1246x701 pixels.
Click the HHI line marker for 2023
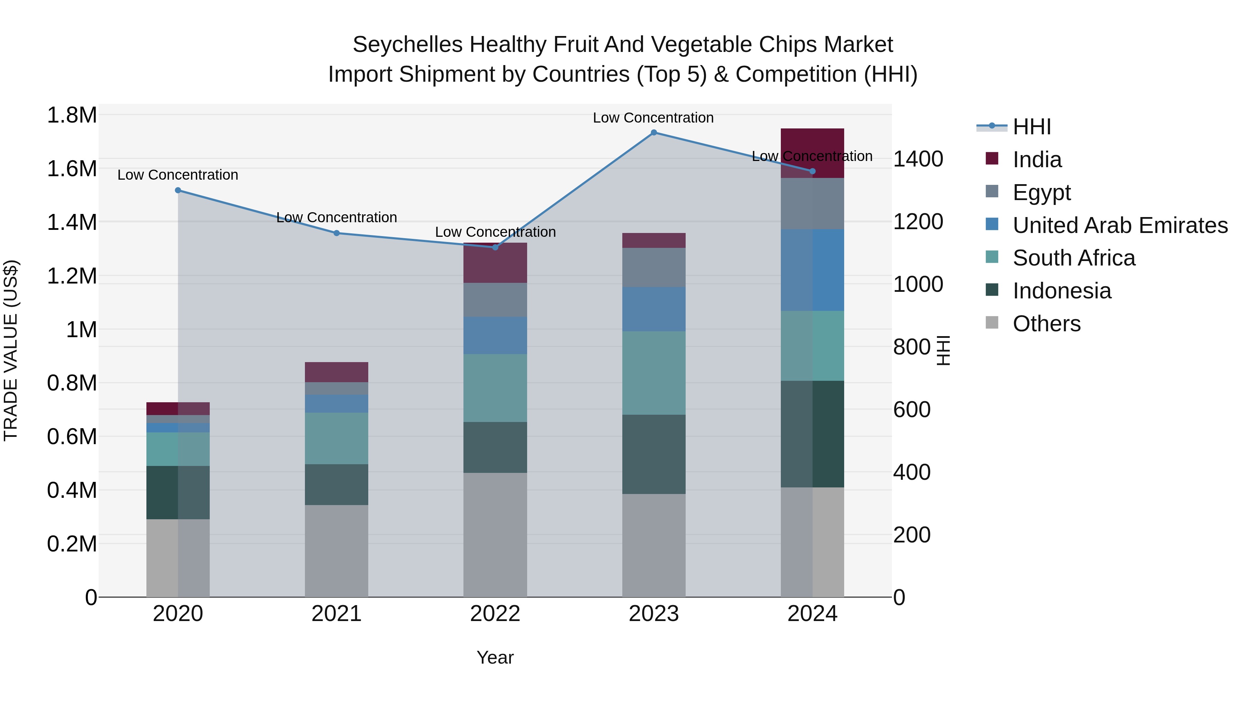[x=653, y=133]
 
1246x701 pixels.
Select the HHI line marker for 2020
[x=178, y=191]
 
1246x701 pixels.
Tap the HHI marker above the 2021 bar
[x=337, y=233]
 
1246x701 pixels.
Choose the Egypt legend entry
[x=1041, y=192]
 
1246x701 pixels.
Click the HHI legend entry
[x=1031, y=127]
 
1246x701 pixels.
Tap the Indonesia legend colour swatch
[x=992, y=290]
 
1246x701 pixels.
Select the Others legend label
[x=1046, y=324]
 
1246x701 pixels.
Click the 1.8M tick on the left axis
[x=72, y=115]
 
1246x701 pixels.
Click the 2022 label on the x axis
[x=495, y=614]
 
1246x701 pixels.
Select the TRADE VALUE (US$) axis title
[x=11, y=350]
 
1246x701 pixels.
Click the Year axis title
[x=495, y=657]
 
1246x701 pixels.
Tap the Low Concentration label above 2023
[x=653, y=118]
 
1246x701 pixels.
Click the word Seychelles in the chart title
[x=407, y=45]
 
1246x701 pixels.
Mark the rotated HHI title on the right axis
[x=943, y=350]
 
